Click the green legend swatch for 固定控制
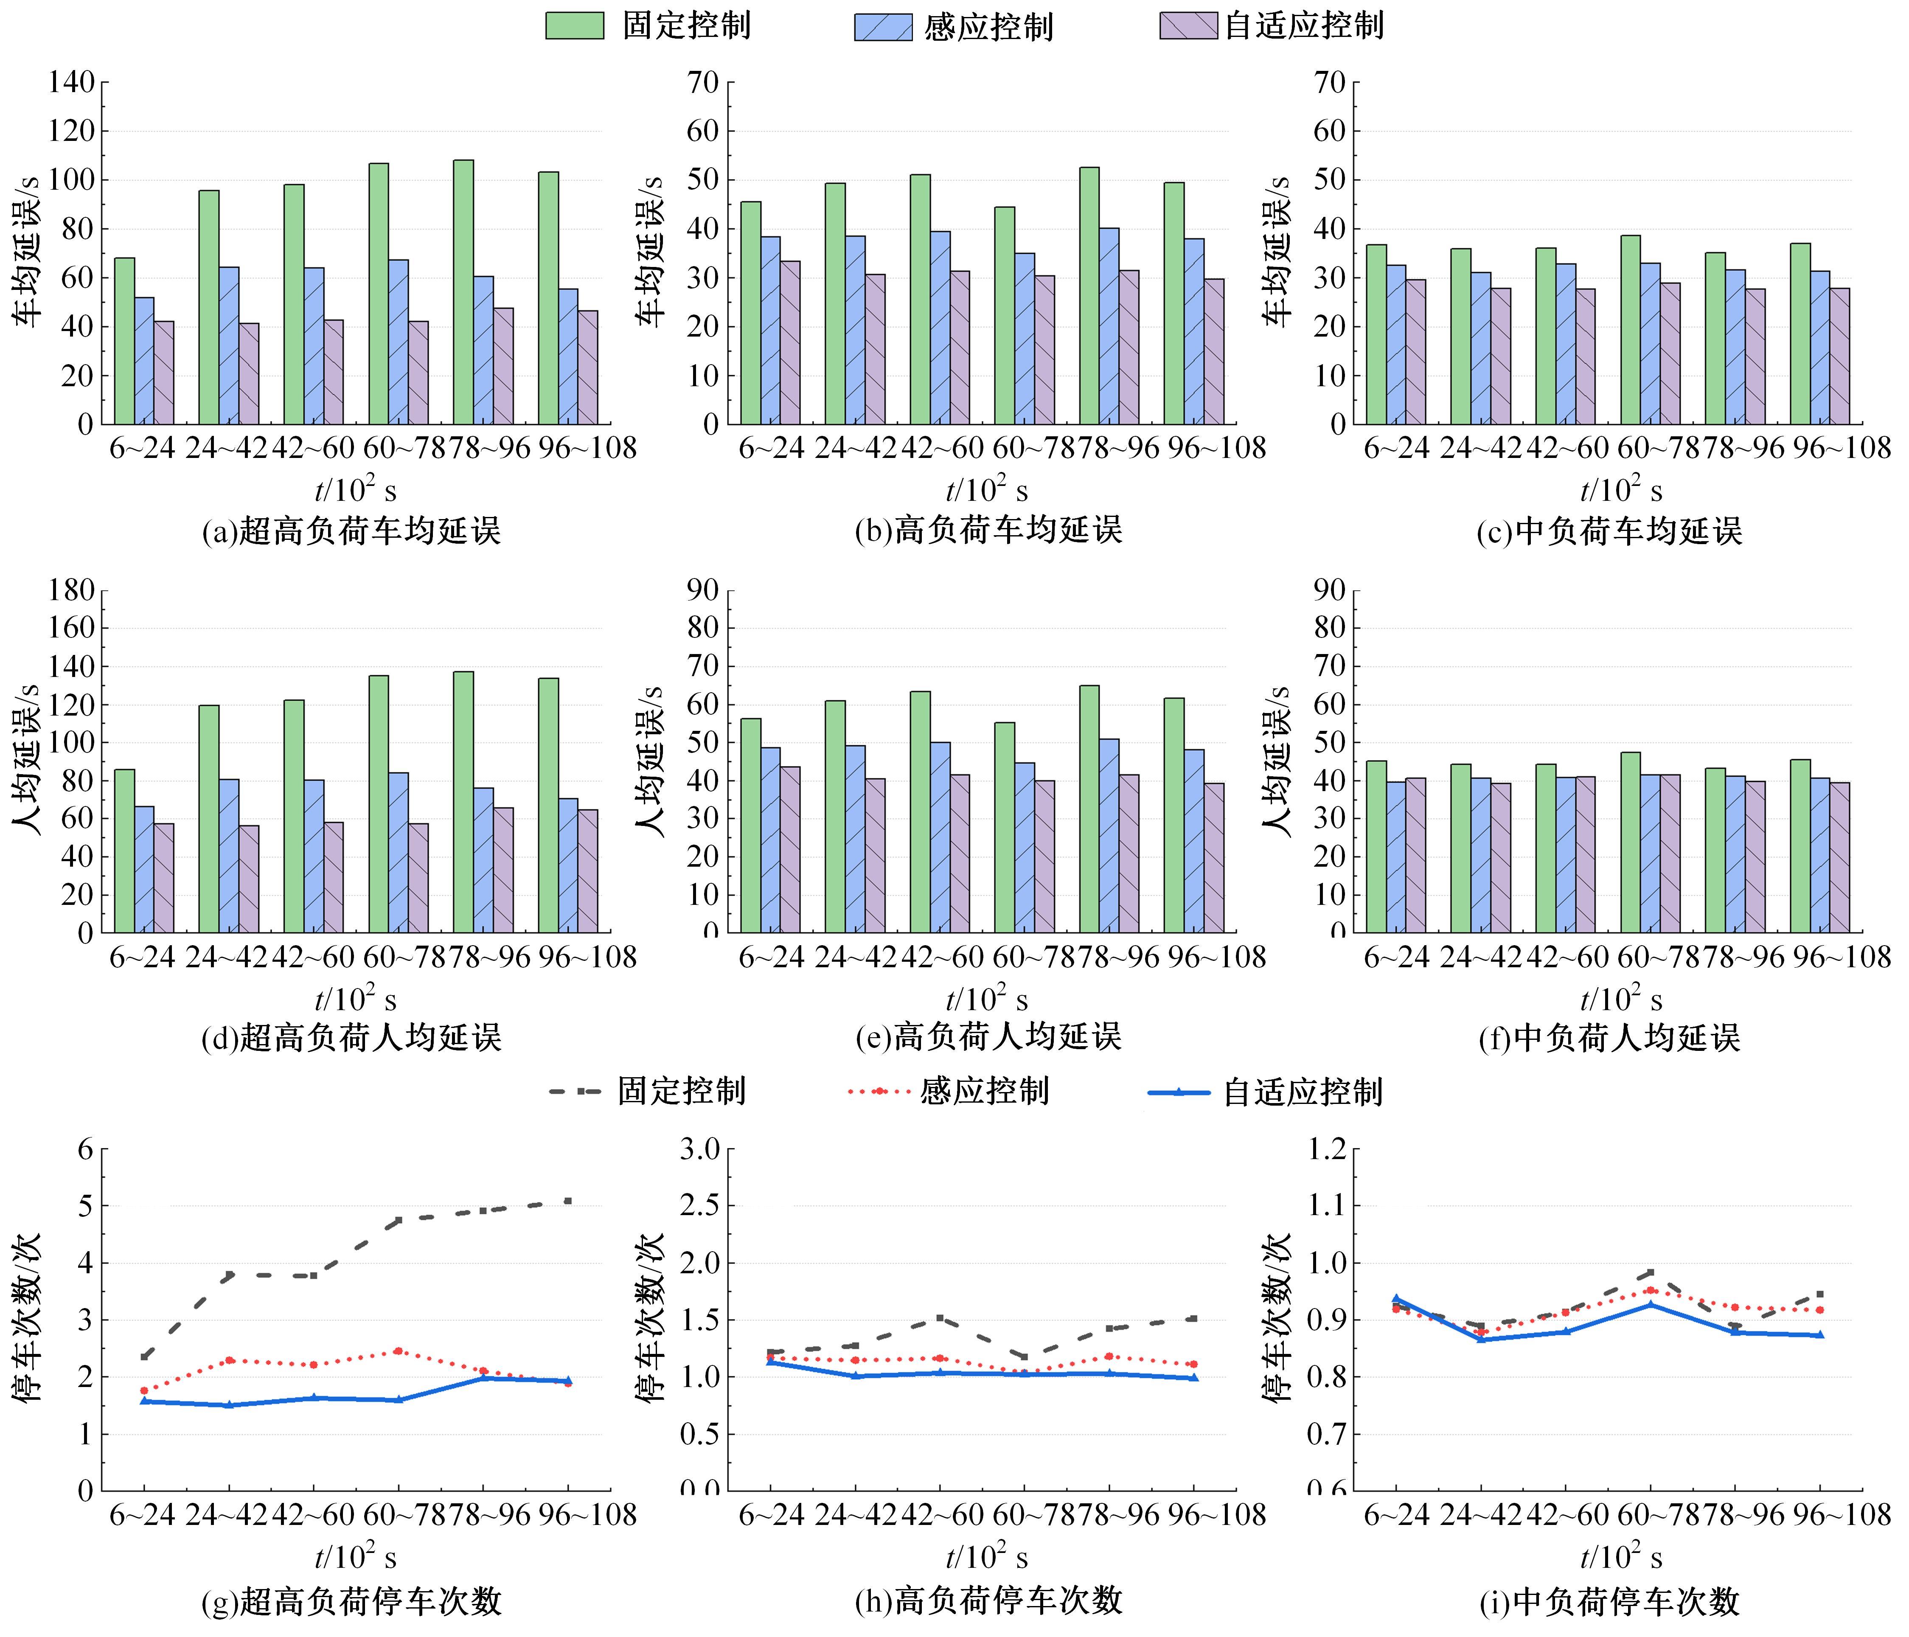click(574, 26)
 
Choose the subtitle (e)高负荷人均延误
click(988, 1037)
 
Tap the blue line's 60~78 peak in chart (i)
click(1650, 1303)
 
